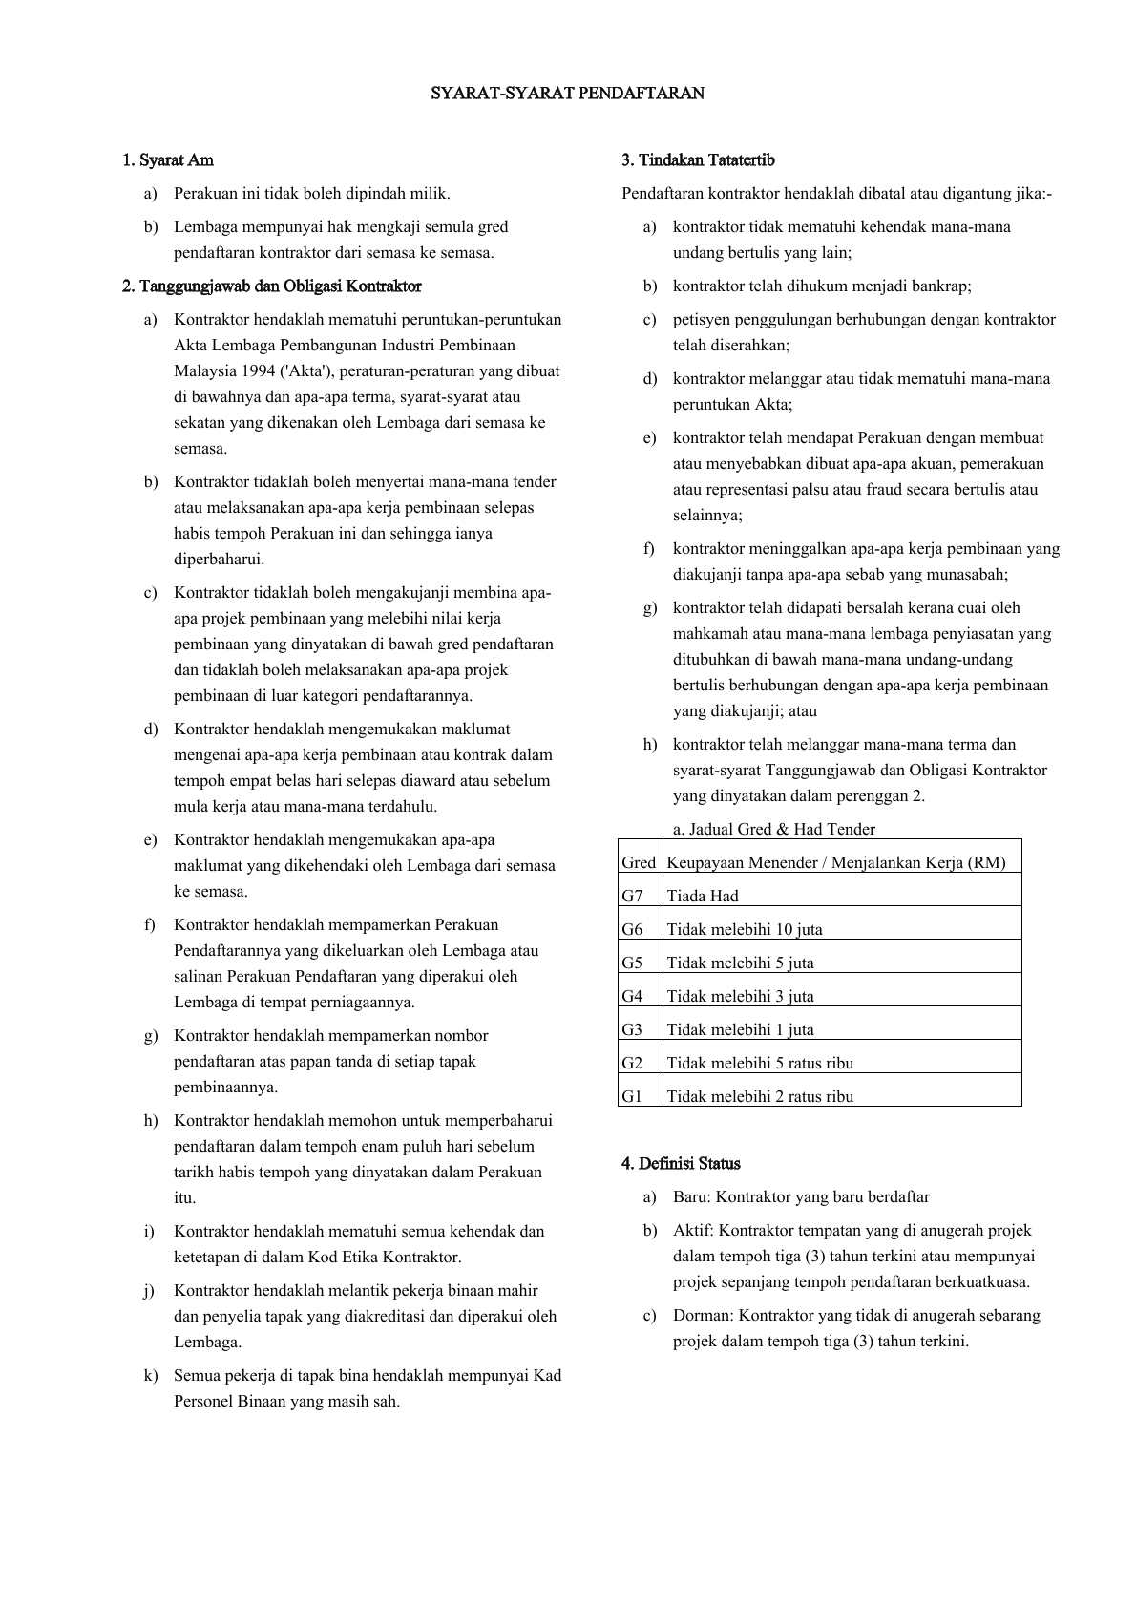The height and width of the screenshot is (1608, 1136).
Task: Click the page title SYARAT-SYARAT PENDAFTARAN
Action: (567, 94)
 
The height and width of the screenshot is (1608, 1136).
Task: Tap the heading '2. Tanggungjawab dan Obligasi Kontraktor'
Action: (272, 286)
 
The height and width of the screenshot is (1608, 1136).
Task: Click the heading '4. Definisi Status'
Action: (681, 1163)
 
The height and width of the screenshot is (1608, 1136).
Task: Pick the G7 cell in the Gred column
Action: (633, 896)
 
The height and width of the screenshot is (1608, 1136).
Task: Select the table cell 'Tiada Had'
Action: (703, 896)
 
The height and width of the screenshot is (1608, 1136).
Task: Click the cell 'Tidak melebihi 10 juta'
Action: (745, 929)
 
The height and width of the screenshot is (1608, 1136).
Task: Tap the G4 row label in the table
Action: (633, 996)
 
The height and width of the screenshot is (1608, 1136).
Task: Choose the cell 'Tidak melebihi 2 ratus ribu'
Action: (760, 1096)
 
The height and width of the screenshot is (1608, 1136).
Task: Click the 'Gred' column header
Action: (639, 862)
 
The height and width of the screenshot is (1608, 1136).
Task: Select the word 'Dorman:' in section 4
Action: (703, 1315)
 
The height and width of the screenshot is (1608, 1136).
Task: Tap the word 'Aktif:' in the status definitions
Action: (693, 1230)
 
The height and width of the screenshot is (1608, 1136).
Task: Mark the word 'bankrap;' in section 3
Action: (942, 286)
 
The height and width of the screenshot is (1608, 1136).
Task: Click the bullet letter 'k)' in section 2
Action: (151, 1375)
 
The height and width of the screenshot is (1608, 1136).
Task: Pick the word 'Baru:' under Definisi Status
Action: (692, 1196)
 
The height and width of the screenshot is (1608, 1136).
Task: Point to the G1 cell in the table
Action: (632, 1096)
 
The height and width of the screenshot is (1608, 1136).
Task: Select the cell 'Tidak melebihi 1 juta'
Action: (741, 1029)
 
